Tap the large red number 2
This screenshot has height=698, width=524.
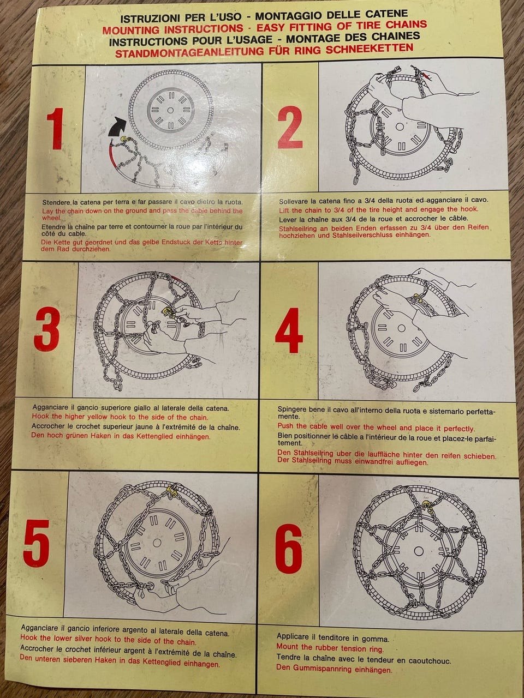pos(290,128)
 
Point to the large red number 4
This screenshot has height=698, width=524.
pos(289,330)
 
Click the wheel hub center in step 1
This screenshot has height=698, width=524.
pos(170,110)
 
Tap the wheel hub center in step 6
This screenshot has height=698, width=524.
pos(418,550)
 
